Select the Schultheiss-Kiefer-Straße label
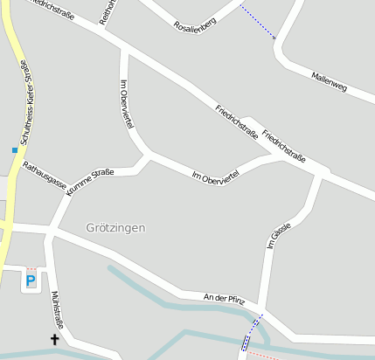(x=25, y=101)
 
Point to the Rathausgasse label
(x=45, y=175)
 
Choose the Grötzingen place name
(x=115, y=227)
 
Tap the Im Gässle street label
(x=278, y=236)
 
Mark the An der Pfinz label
(x=223, y=299)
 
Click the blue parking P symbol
(x=31, y=280)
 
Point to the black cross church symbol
(x=54, y=339)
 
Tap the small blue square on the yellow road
(x=15, y=150)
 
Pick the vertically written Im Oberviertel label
(x=126, y=105)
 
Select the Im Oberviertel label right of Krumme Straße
(x=214, y=175)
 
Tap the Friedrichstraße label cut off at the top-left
(x=51, y=9)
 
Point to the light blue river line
(x=157, y=297)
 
